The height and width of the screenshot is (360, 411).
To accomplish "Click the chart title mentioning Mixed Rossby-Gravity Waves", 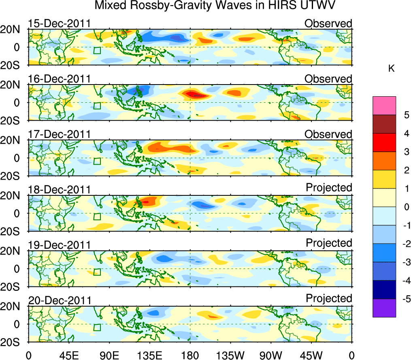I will (x=215, y=6).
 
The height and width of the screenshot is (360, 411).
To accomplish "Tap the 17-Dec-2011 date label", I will (x=59, y=134).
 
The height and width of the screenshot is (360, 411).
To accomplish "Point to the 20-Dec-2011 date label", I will (x=59, y=301).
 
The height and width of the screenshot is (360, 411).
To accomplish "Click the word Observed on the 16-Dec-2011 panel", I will (x=328, y=79).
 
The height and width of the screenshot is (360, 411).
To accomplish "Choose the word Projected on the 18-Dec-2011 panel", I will (x=329, y=188).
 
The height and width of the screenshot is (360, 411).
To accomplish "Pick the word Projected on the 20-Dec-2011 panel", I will (x=329, y=299).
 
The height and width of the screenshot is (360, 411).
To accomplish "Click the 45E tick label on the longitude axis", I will (x=68, y=355).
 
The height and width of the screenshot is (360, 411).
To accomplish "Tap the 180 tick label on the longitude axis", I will (x=190, y=355).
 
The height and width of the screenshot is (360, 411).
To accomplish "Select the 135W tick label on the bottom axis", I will (x=230, y=355).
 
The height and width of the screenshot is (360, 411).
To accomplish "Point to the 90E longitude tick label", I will (x=109, y=355).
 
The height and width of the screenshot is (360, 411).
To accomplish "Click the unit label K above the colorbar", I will (x=392, y=69).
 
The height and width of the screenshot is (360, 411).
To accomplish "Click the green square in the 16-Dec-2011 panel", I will (x=96, y=106).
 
